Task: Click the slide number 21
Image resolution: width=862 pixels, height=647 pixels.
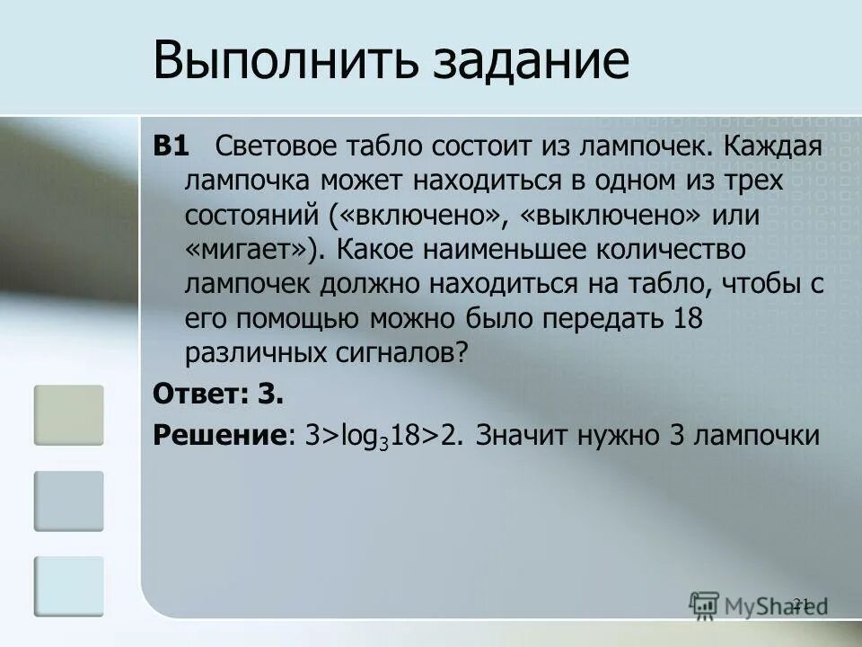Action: (802, 602)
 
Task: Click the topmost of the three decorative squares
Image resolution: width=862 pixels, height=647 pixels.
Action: (69, 415)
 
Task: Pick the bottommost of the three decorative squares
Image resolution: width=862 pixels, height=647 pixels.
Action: (69, 586)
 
